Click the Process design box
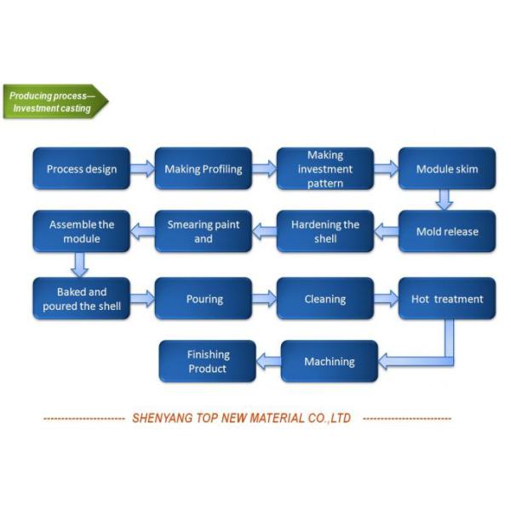click(82, 169)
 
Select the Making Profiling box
click(203, 169)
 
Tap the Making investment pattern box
click(325, 169)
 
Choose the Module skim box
click(447, 169)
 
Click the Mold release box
click(447, 232)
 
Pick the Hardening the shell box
click(325, 232)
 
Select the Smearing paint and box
click(203, 232)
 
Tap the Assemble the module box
click(82, 232)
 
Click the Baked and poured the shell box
click(82, 299)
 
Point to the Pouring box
click(204, 299)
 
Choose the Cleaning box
click(325, 299)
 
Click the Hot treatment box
click(447, 299)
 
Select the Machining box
click(329, 362)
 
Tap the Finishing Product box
click(208, 362)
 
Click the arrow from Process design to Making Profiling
click(142, 169)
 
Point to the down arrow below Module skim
click(445, 200)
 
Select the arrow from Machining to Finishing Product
click(268, 362)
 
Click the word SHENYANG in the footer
click(164, 418)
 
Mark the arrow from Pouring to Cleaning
click(264, 299)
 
